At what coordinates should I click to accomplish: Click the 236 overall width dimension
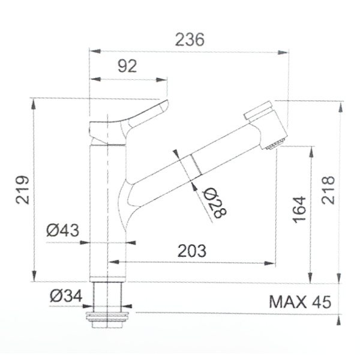190,40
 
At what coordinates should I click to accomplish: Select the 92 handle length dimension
126,67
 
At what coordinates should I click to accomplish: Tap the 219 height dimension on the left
22,189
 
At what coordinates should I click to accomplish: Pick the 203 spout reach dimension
191,251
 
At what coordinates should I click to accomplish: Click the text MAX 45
299,301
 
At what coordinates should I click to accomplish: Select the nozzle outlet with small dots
275,143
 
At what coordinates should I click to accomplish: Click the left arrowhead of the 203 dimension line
112,262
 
